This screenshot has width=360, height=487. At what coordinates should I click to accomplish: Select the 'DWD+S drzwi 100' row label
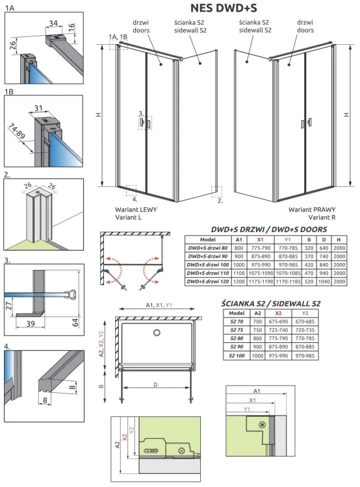(207, 265)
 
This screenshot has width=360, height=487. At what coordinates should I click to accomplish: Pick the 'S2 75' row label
(234, 329)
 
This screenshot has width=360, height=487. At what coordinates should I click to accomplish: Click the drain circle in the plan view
(156, 334)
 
